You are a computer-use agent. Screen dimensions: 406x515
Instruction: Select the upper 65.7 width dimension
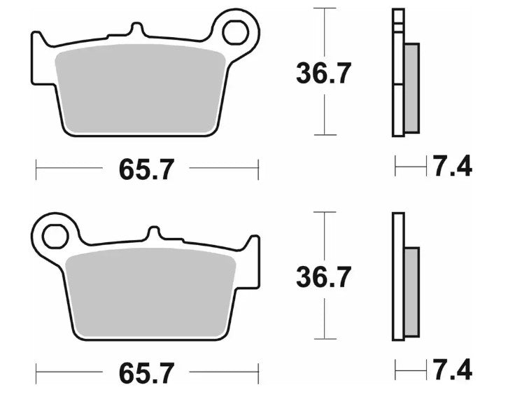click(x=146, y=169)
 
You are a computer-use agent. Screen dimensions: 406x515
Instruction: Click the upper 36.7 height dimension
click(x=323, y=73)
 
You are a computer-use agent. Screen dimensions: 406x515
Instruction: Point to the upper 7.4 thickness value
click(x=451, y=167)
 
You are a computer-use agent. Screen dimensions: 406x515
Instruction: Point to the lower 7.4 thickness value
click(x=451, y=369)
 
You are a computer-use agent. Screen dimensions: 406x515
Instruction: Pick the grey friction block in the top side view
click(x=411, y=87)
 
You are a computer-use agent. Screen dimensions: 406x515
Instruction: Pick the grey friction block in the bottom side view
click(x=411, y=291)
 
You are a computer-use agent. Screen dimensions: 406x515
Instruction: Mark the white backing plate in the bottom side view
click(x=398, y=276)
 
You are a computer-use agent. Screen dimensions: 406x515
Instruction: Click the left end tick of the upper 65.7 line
click(x=36, y=168)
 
